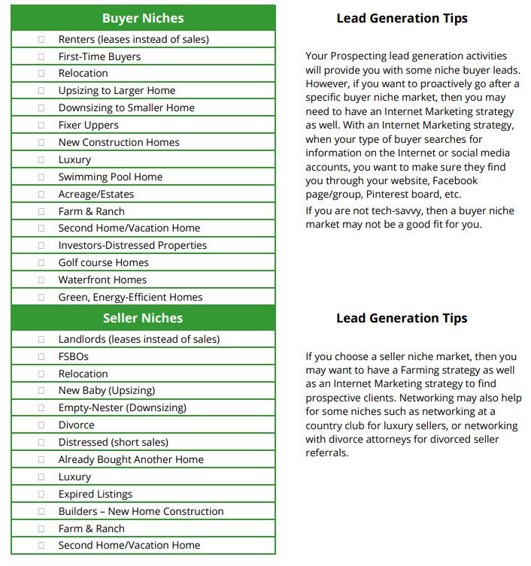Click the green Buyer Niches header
click(x=143, y=18)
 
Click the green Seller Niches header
click(x=143, y=318)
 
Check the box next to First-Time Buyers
click(x=41, y=56)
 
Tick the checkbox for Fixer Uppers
click(x=41, y=125)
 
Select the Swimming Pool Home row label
click(x=110, y=177)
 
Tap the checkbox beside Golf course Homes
click(x=41, y=262)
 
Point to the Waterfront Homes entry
click(x=102, y=280)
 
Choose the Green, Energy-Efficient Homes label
click(x=130, y=297)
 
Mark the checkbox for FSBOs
click(x=41, y=356)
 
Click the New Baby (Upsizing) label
click(x=106, y=390)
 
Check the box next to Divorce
click(x=41, y=425)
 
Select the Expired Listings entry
click(x=95, y=494)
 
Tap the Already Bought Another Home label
click(x=131, y=459)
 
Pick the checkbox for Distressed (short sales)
click(x=41, y=442)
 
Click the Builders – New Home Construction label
click(x=141, y=511)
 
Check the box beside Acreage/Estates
click(x=41, y=194)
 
